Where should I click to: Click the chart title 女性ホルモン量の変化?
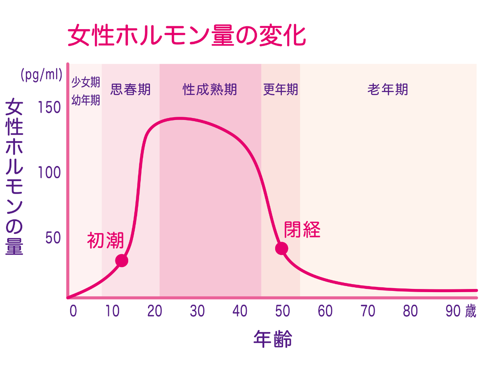click(186, 36)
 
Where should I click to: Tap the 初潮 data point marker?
click(121, 261)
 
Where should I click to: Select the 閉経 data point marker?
click(282, 248)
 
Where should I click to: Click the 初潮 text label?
click(105, 240)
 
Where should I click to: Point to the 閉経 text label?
click(302, 230)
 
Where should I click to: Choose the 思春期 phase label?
click(130, 89)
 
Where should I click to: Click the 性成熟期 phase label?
click(210, 89)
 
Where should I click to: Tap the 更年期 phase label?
click(280, 89)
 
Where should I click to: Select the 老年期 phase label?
click(388, 89)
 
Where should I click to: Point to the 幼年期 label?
click(86, 100)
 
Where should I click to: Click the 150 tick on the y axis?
click(49, 108)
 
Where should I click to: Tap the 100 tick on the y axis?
click(49, 173)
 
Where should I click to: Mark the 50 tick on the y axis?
click(53, 238)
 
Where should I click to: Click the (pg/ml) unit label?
click(42, 75)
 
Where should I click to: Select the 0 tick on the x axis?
click(73, 311)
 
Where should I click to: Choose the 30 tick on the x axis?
click(198, 311)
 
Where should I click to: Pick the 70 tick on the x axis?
click(368, 311)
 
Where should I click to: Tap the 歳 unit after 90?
click(470, 311)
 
